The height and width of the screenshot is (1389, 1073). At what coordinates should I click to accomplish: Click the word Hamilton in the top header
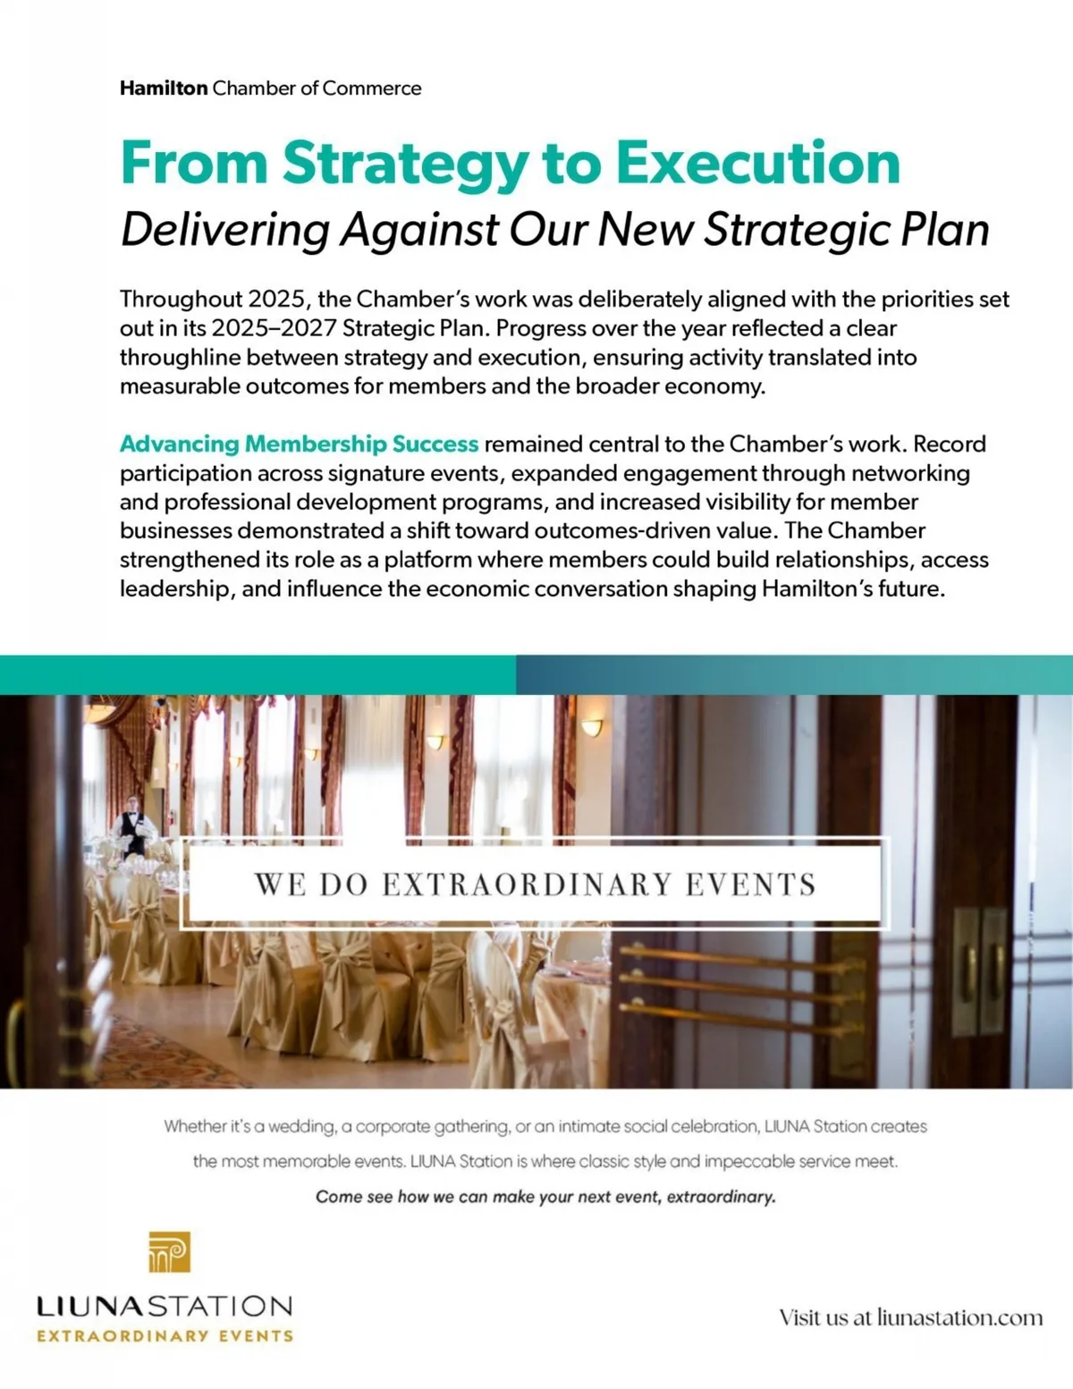pos(164,89)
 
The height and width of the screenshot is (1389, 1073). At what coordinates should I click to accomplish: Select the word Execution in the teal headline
pos(756,163)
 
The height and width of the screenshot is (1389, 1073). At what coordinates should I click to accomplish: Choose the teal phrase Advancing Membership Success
pos(300,445)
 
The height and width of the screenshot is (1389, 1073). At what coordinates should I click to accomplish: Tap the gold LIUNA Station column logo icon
pos(170,1252)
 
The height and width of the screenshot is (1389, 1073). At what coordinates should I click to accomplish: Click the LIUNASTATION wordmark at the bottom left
pos(165,1306)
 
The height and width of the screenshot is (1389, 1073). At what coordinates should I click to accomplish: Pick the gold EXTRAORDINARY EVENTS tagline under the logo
pos(165,1336)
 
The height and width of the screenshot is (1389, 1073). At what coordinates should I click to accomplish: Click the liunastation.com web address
pos(959,1317)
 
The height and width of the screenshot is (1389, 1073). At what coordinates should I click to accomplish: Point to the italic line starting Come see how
pos(545,1197)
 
